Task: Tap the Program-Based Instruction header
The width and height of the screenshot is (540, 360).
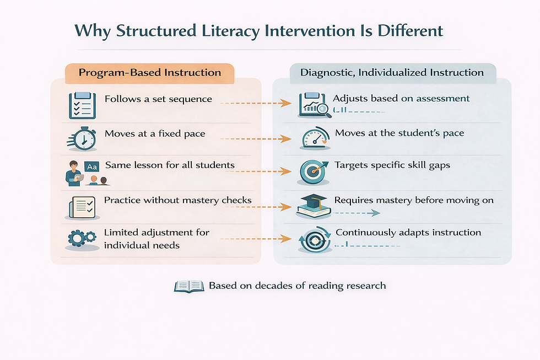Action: pos(150,73)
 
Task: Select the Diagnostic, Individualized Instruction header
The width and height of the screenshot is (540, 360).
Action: pos(392,73)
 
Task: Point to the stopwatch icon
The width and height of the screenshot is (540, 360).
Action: pos(83,138)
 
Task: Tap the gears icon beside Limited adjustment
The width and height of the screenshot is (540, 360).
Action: pos(82,239)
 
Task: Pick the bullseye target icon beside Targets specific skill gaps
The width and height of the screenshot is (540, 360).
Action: pos(312,171)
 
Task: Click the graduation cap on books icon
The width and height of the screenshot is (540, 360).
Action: pos(312,206)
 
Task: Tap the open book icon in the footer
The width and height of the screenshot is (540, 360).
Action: pos(189,286)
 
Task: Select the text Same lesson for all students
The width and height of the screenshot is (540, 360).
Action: pos(170,165)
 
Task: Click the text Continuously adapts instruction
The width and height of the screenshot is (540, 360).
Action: pos(408,233)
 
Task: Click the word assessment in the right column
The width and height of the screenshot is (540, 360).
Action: pos(443,99)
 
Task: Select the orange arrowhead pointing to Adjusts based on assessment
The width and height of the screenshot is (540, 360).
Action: pos(286,103)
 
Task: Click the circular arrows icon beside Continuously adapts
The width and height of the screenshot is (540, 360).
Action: pos(312,239)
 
